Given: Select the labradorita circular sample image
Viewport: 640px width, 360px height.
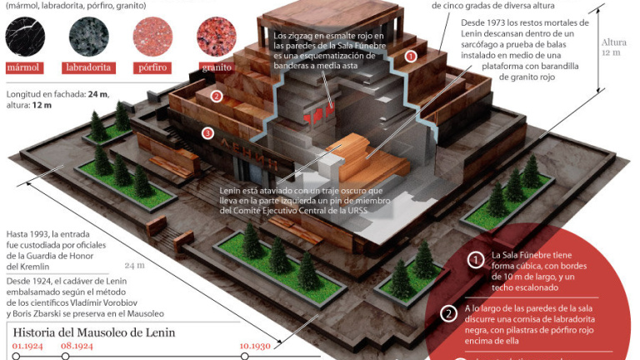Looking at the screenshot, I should point(86,37).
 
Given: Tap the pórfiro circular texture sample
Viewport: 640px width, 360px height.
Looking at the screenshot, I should point(151,37).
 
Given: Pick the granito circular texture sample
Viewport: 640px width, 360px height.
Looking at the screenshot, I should point(215,37).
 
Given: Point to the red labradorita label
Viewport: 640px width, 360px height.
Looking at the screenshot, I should point(86,67).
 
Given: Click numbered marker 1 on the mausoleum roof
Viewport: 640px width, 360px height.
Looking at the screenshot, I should point(410,57).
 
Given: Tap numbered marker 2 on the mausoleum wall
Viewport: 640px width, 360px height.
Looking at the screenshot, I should point(217,96).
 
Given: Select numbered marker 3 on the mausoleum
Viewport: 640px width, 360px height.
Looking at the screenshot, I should point(208,132).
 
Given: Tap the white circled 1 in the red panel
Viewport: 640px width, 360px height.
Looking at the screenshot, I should point(474,260).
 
